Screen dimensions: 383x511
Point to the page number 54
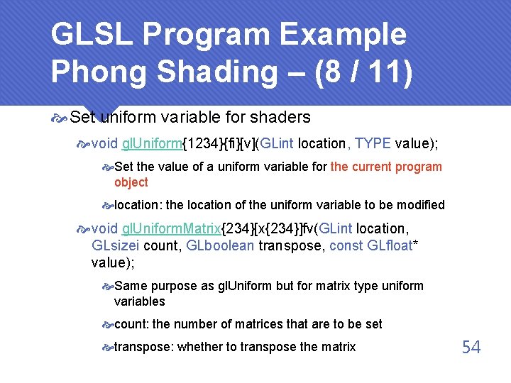pos(471,347)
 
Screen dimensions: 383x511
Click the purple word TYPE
pos(373,144)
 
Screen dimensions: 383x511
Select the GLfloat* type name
pos(399,246)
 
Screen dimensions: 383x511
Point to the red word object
pos(131,182)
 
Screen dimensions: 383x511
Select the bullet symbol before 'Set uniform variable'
pos(61,117)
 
